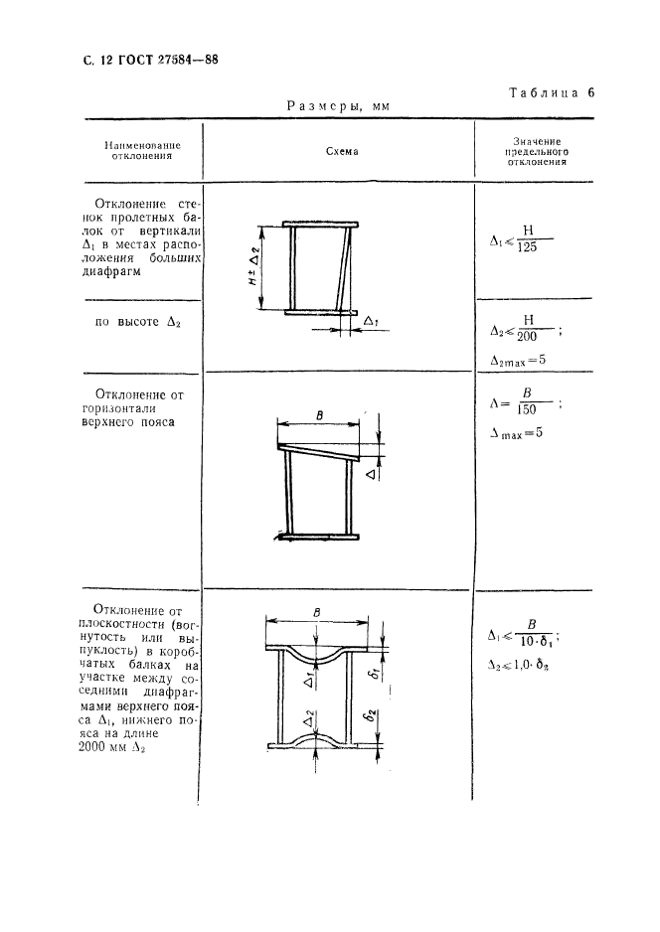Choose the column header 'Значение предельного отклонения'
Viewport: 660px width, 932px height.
pyautogui.click(x=537, y=152)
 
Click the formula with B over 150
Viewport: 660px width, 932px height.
pyautogui.click(x=527, y=405)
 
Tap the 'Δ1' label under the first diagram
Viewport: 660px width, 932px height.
pyautogui.click(x=371, y=321)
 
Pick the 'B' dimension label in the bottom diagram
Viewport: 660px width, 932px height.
pyautogui.click(x=315, y=612)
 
